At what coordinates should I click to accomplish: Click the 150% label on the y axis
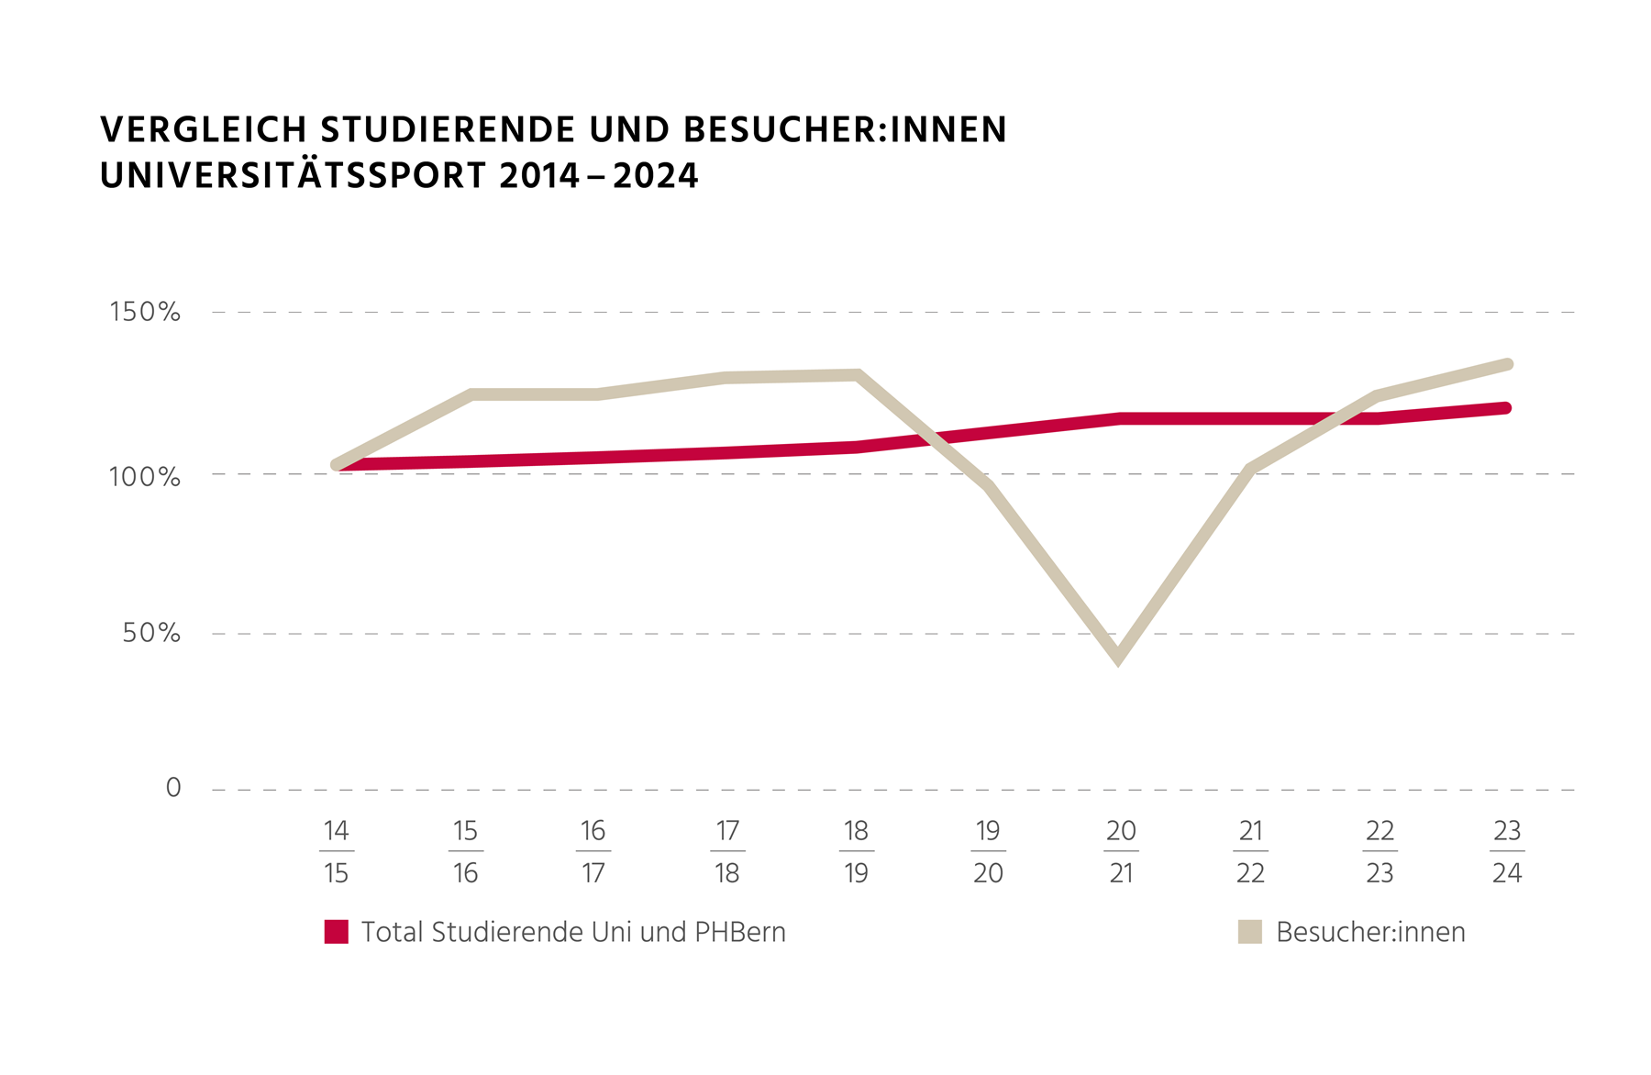[145, 312]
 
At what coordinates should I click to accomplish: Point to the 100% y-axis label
[145, 477]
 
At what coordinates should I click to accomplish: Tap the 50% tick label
[151, 633]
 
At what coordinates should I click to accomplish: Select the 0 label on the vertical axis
[173, 788]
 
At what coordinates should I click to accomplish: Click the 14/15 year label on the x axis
[336, 851]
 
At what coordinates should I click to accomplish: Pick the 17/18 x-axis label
[727, 851]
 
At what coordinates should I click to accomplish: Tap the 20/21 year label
[1121, 851]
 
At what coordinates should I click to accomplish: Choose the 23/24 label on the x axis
[1507, 851]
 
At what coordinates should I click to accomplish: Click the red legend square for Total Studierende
[337, 932]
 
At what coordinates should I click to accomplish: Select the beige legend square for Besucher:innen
[1250, 932]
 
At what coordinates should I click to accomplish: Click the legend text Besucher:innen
[1370, 932]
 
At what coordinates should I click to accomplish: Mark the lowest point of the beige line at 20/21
[1118, 655]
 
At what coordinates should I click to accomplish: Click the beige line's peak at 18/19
[857, 375]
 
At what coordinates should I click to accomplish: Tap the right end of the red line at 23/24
[1505, 408]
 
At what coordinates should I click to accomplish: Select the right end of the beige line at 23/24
[1507, 365]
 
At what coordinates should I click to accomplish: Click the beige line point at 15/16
[471, 394]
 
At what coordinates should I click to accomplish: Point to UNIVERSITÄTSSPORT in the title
[293, 176]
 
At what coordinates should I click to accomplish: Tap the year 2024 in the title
[656, 176]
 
